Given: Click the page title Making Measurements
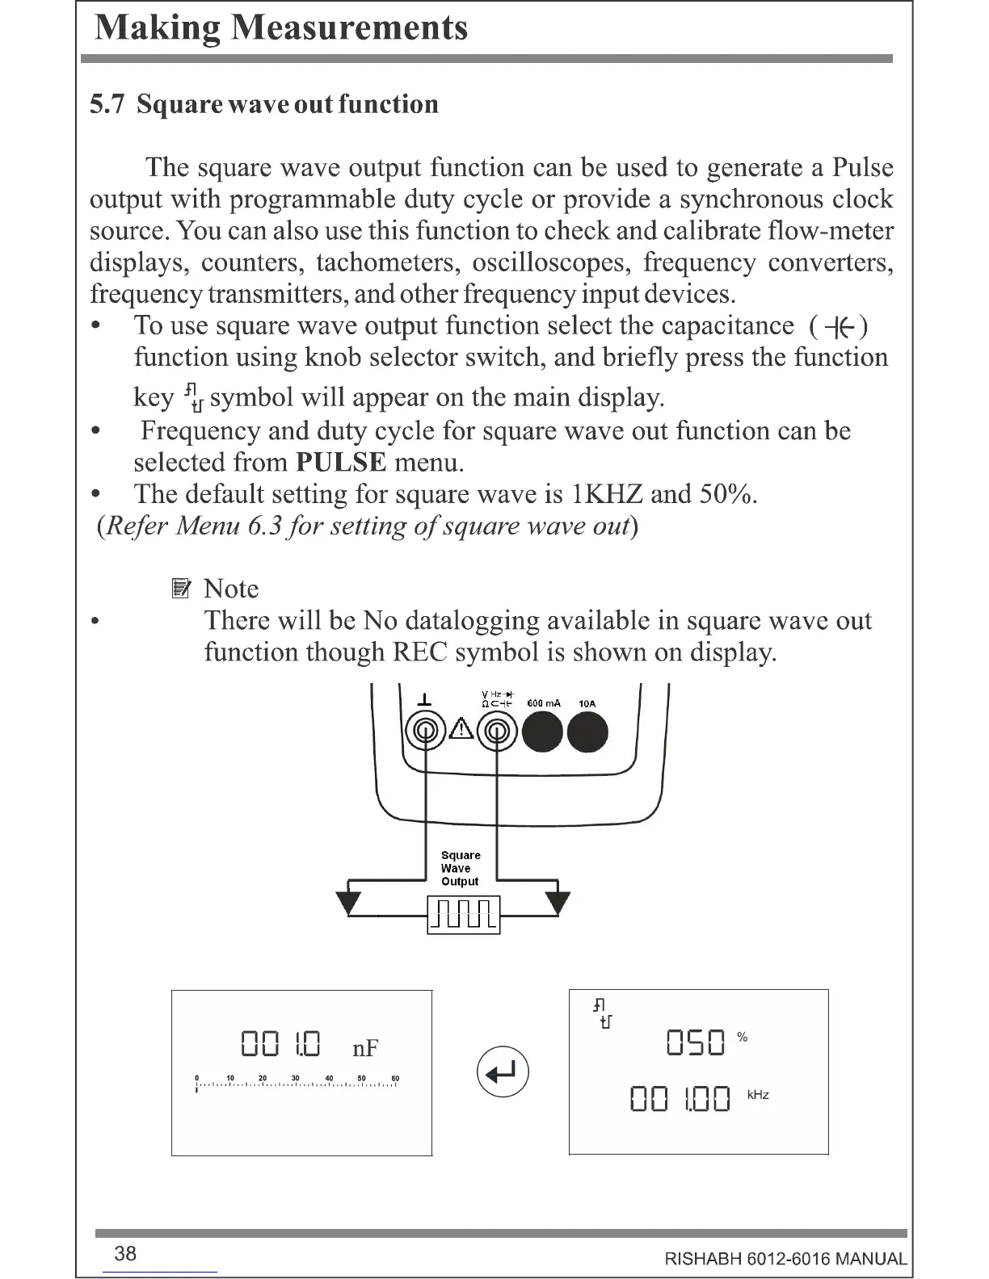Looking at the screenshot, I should coord(281,28).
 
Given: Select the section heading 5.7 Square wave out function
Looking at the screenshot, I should coord(264,104).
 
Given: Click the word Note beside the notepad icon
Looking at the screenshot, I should coord(231,589).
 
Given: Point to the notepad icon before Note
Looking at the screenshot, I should coord(181,589).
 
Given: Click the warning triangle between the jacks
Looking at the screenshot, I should coord(461,729).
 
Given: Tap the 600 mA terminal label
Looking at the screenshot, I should coord(543,703).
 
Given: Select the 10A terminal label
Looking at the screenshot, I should coord(587,703).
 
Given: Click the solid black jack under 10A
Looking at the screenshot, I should coord(587,732).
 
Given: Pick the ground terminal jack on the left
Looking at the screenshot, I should coord(425,732).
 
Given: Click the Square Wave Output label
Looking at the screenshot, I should coord(461,868).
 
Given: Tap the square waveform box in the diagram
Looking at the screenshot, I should coord(464,914).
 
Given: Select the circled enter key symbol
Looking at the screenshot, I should coord(503,1072).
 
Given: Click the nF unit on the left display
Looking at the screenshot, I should coord(365,1048).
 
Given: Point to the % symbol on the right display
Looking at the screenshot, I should coord(743,1038).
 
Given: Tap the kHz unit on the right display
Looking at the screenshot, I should coord(758,1095).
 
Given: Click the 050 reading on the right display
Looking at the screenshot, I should coord(695,1043).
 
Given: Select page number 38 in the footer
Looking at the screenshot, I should coord(125,1254).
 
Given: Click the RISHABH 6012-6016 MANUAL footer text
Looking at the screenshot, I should coord(785,1259).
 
